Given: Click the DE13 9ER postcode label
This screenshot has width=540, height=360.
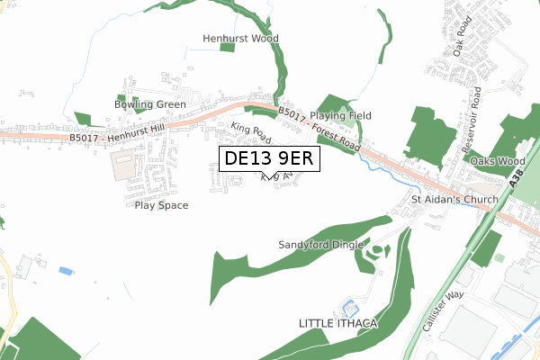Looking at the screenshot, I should point(267,159).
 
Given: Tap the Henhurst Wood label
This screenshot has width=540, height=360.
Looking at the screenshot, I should point(239,39).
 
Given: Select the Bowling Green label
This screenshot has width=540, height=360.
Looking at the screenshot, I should point(149,104).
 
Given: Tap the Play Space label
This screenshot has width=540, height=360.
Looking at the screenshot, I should point(161,205).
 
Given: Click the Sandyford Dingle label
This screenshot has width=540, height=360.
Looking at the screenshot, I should point(320,245).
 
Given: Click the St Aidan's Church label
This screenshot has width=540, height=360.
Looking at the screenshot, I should point(454,199).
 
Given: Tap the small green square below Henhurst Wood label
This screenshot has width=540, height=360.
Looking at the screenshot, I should point(227,47).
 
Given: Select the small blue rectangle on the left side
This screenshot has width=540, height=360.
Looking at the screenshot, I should point(66,270).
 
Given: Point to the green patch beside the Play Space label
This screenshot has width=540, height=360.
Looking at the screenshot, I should point(161,205).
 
